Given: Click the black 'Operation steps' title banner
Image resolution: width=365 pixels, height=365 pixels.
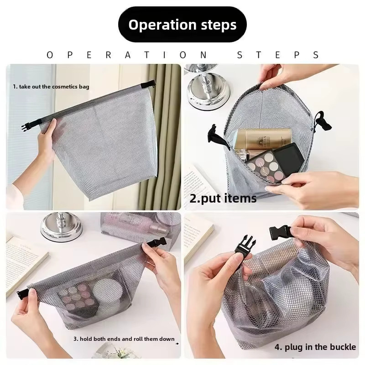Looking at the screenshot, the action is pos(182,25).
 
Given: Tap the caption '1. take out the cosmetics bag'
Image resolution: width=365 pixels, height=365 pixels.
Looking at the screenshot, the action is pos(51,87).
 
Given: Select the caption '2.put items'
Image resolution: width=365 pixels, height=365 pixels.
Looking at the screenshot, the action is pos(223,198).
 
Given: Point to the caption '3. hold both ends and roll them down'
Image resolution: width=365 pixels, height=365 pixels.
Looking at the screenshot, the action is pos(124,339).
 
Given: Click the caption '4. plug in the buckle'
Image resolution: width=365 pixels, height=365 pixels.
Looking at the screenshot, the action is pos(315,347).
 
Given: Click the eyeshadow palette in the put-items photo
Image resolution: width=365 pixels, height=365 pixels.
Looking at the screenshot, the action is pos(275,163).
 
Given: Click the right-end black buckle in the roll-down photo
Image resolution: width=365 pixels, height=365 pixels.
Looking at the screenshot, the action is pos(156,244).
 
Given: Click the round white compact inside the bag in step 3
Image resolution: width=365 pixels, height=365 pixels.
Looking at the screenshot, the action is pos(109,291).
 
